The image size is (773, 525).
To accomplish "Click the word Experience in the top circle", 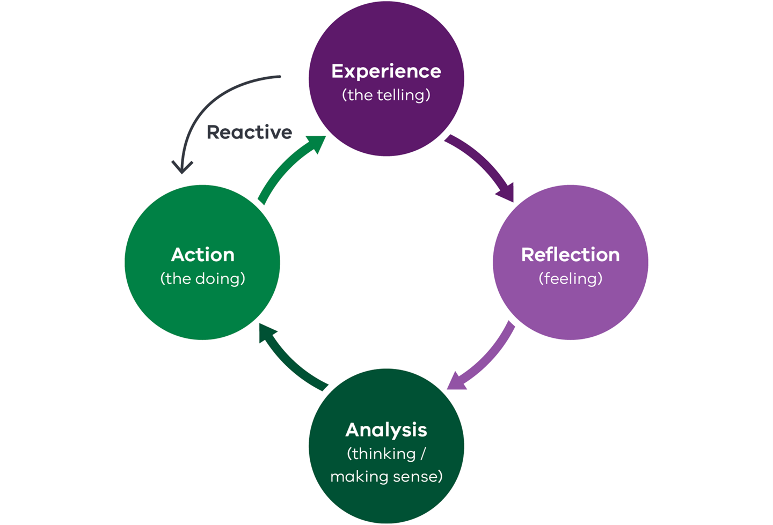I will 386,71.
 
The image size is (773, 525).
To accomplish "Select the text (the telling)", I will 386,95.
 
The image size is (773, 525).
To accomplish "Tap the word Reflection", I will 570,255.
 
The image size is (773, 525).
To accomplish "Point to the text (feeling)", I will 570,279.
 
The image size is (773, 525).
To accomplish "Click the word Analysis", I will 386,430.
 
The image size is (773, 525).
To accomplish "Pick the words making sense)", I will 386,476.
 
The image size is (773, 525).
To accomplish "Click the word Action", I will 202,255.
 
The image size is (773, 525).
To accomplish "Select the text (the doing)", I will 202,279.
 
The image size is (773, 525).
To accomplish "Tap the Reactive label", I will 249,132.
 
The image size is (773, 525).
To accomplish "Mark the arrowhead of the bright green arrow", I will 316,144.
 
